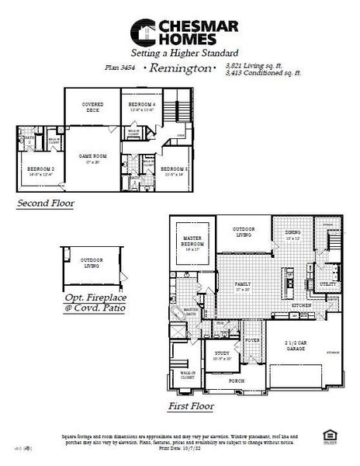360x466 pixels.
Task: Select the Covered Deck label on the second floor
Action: (98, 107)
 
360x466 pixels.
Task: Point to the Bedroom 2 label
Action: (41, 169)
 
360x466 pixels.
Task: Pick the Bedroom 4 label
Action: (142, 105)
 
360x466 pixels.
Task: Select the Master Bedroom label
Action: (192, 243)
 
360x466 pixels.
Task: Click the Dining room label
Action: (292, 233)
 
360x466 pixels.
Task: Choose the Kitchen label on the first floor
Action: (301, 306)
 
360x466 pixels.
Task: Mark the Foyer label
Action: (252, 340)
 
